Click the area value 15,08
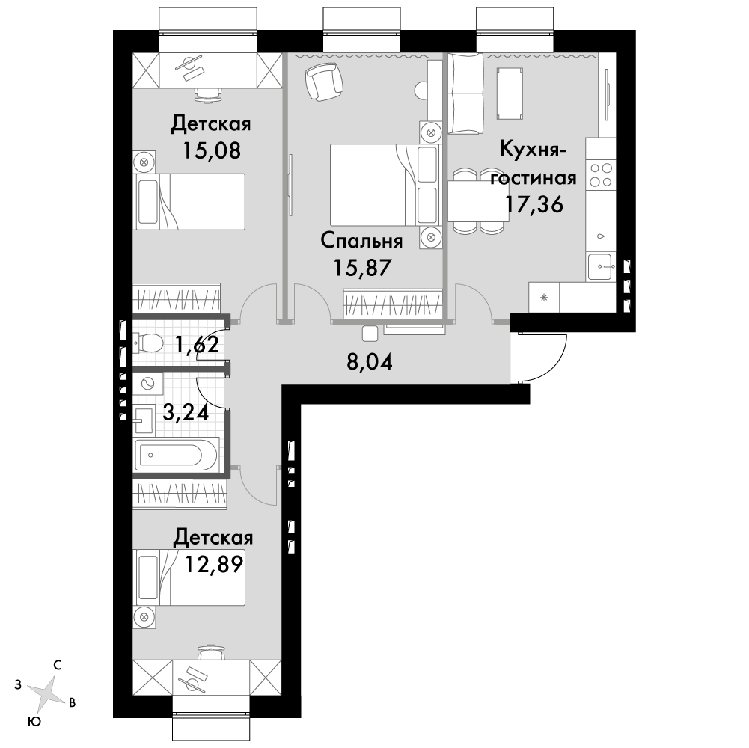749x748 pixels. (x=211, y=150)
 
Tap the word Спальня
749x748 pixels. (x=361, y=241)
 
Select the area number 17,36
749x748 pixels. (x=534, y=204)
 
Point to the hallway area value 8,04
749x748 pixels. (x=369, y=362)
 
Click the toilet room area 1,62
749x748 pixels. (x=198, y=343)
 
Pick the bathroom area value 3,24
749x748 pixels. (x=186, y=412)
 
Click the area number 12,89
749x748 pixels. (x=214, y=564)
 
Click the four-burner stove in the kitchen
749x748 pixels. (x=601, y=175)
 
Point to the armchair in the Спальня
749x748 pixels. (x=324, y=82)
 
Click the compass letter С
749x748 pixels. (x=58, y=666)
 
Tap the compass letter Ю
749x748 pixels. (x=34, y=721)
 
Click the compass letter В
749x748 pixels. (x=72, y=702)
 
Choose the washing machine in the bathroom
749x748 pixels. (x=148, y=384)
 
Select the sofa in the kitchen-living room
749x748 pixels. (x=465, y=93)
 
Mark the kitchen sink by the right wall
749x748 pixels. (x=601, y=266)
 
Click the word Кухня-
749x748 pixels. (x=533, y=149)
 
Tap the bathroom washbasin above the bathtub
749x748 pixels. (x=144, y=420)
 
